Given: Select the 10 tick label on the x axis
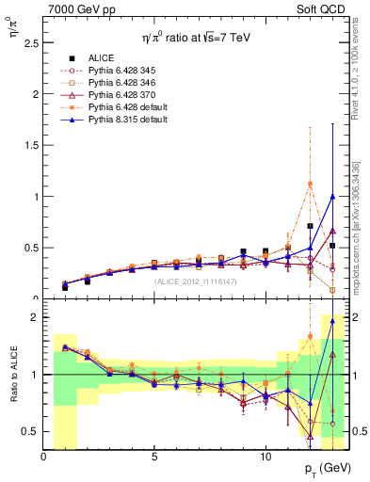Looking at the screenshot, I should [x=265, y=456].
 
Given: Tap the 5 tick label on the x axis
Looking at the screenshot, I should [x=154, y=456].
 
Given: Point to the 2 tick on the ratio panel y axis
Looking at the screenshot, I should [x=35, y=317].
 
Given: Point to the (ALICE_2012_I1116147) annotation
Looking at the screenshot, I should [x=195, y=281].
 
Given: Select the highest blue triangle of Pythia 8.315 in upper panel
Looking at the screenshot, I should [x=332, y=197].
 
